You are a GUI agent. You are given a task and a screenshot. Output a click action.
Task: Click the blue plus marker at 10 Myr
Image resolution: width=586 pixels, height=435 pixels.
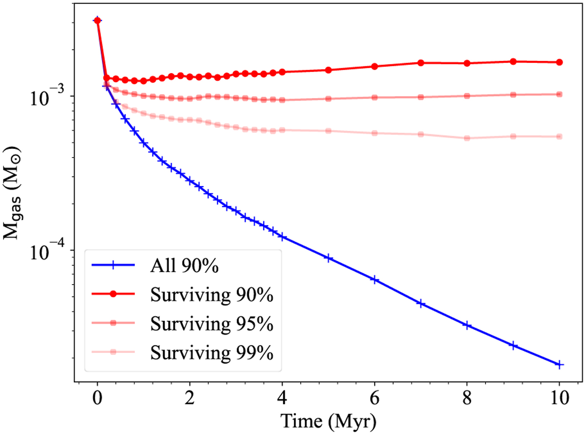click(x=560, y=364)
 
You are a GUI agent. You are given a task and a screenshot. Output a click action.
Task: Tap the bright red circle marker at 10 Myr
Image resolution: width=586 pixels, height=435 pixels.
click(x=560, y=62)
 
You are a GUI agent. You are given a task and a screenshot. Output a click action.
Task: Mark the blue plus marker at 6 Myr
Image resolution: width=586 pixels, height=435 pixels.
click(x=375, y=280)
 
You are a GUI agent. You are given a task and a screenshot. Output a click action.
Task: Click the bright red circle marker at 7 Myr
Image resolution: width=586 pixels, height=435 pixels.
click(x=420, y=62)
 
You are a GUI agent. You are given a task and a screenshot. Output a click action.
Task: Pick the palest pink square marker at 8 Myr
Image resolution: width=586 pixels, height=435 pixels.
click(x=467, y=138)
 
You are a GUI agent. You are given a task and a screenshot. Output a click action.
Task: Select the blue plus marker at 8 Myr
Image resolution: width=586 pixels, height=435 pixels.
click(x=467, y=325)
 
